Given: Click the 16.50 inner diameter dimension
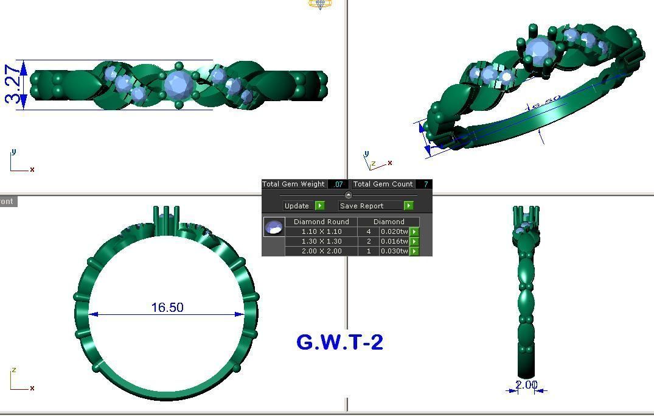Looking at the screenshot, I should point(167,308).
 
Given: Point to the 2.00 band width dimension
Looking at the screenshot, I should point(526,385).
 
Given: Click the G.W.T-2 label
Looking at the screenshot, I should point(339,342).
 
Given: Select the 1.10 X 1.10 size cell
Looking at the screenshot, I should point(321,231).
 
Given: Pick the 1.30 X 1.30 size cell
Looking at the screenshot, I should point(321,241).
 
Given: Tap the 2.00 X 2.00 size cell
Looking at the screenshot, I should point(321,251).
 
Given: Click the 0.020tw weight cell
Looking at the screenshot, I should point(394,231).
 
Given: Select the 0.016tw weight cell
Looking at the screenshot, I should point(394,241).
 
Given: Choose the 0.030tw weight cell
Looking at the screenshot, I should point(394,251).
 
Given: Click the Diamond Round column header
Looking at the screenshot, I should point(321,222).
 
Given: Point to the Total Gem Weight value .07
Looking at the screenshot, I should point(338,184).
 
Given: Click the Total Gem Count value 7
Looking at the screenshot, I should point(425,184).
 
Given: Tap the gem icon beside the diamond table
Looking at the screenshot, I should point(274,227).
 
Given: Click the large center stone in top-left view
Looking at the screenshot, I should point(178,85).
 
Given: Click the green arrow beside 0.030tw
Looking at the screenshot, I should point(414,251).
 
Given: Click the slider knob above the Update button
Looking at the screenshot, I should point(348,195).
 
